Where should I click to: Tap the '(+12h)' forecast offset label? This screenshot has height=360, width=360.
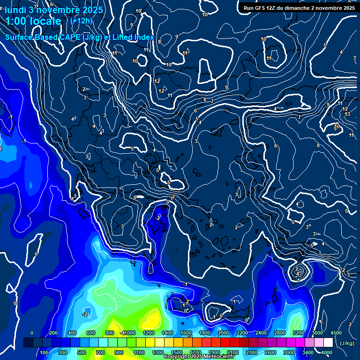(x=81, y=21)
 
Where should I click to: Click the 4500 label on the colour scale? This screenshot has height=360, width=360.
(x=336, y=333)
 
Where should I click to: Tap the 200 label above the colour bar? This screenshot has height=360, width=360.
(x=53, y=333)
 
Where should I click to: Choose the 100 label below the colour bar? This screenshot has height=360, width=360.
(x=44, y=352)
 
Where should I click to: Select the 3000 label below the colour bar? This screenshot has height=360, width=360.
(x=289, y=352)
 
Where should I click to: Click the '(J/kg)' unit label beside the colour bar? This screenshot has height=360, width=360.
(x=346, y=343)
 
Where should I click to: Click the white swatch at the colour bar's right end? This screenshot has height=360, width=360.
(x=328, y=343)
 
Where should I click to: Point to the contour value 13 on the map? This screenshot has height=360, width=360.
(x=347, y=114)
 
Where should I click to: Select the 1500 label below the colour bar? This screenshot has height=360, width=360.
(x=176, y=352)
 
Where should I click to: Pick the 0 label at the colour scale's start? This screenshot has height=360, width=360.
(x=32, y=333)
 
